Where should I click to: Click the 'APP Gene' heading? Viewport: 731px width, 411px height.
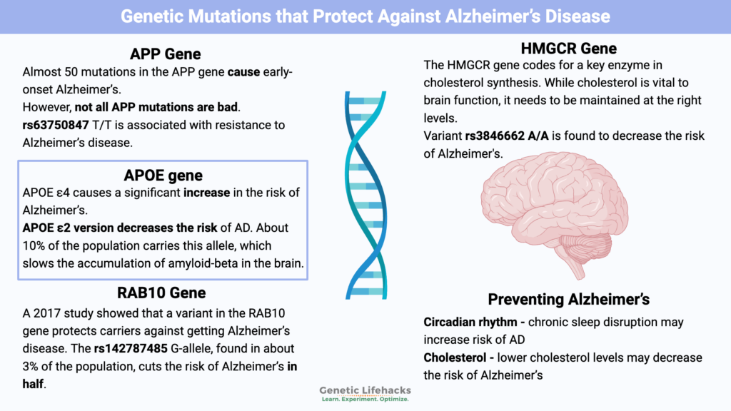tap(165, 54)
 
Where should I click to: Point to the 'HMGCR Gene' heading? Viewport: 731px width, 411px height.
tap(569, 49)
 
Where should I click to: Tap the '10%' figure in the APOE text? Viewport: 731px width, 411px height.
tap(36, 245)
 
